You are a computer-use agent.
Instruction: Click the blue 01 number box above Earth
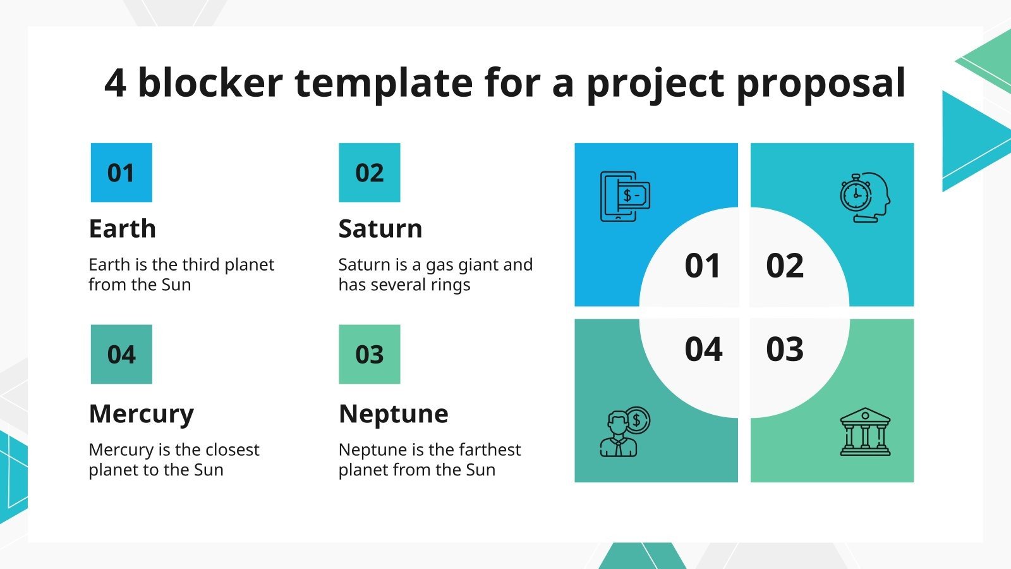(121, 173)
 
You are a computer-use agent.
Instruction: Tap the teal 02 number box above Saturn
(369, 173)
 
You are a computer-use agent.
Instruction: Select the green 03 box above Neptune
(369, 354)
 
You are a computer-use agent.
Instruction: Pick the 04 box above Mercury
(121, 354)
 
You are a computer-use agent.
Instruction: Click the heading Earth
(123, 229)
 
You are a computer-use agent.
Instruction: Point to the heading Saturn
(380, 229)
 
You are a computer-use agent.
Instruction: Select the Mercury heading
(142, 414)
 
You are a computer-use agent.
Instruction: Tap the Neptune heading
(394, 414)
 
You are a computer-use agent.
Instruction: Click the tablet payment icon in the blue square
(624, 197)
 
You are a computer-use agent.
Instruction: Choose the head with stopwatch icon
(865, 197)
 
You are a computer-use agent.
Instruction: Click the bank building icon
(865, 432)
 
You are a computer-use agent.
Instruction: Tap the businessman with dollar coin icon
(624, 432)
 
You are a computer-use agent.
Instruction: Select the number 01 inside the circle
(703, 266)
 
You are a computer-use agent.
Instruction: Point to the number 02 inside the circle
(785, 266)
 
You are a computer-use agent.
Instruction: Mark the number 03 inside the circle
(785, 349)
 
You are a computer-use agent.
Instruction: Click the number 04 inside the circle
(703, 349)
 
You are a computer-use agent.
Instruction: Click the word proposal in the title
(821, 83)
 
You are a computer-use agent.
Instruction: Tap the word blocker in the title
(210, 82)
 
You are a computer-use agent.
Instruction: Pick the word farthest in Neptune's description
(490, 450)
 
